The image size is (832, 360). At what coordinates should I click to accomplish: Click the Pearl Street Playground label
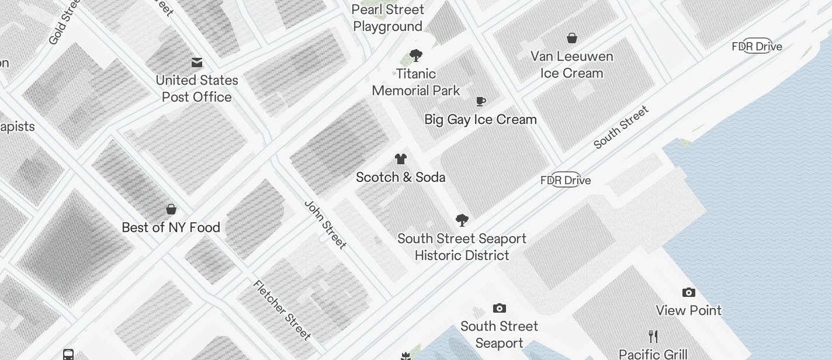click(388, 18)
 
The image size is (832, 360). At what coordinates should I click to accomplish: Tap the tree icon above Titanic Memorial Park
click(416, 56)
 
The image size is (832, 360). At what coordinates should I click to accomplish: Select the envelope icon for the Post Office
click(197, 63)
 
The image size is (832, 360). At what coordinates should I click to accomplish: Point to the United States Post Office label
click(197, 89)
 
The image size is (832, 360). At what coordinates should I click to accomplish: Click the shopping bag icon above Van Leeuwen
click(572, 39)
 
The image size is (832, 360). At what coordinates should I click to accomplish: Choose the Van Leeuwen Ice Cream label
click(571, 65)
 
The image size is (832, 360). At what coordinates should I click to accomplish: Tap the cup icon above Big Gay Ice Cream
click(481, 102)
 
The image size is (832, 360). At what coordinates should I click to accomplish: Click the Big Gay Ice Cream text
click(480, 120)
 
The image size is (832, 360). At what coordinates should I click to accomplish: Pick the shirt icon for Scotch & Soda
click(401, 159)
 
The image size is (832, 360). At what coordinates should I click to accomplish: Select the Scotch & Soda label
click(401, 178)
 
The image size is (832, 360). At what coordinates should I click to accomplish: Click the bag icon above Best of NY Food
click(171, 209)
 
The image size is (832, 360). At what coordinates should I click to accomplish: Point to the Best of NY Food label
click(171, 228)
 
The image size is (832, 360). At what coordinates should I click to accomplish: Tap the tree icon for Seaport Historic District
click(462, 220)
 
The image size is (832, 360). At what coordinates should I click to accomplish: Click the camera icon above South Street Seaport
click(500, 308)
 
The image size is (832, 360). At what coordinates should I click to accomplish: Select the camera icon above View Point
click(689, 292)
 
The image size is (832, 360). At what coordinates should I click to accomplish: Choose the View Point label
click(689, 310)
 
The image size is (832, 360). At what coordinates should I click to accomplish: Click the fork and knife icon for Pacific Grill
click(653, 337)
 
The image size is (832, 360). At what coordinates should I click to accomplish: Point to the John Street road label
click(325, 224)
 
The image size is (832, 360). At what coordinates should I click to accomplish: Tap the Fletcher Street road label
click(282, 310)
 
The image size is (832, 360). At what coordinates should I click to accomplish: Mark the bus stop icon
click(68, 355)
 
